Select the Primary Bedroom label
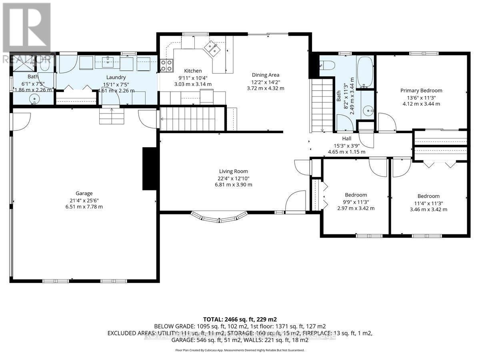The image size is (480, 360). pos(421,90)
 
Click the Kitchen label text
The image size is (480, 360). pos(193,71)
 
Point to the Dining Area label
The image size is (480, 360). pos(266,75)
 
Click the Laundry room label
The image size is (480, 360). pos(116,77)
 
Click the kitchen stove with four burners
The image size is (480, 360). pos(166,65)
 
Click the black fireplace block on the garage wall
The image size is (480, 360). pos(149,168)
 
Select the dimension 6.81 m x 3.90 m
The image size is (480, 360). pos(228,185)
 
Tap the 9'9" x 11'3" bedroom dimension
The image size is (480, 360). pos(356,202)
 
